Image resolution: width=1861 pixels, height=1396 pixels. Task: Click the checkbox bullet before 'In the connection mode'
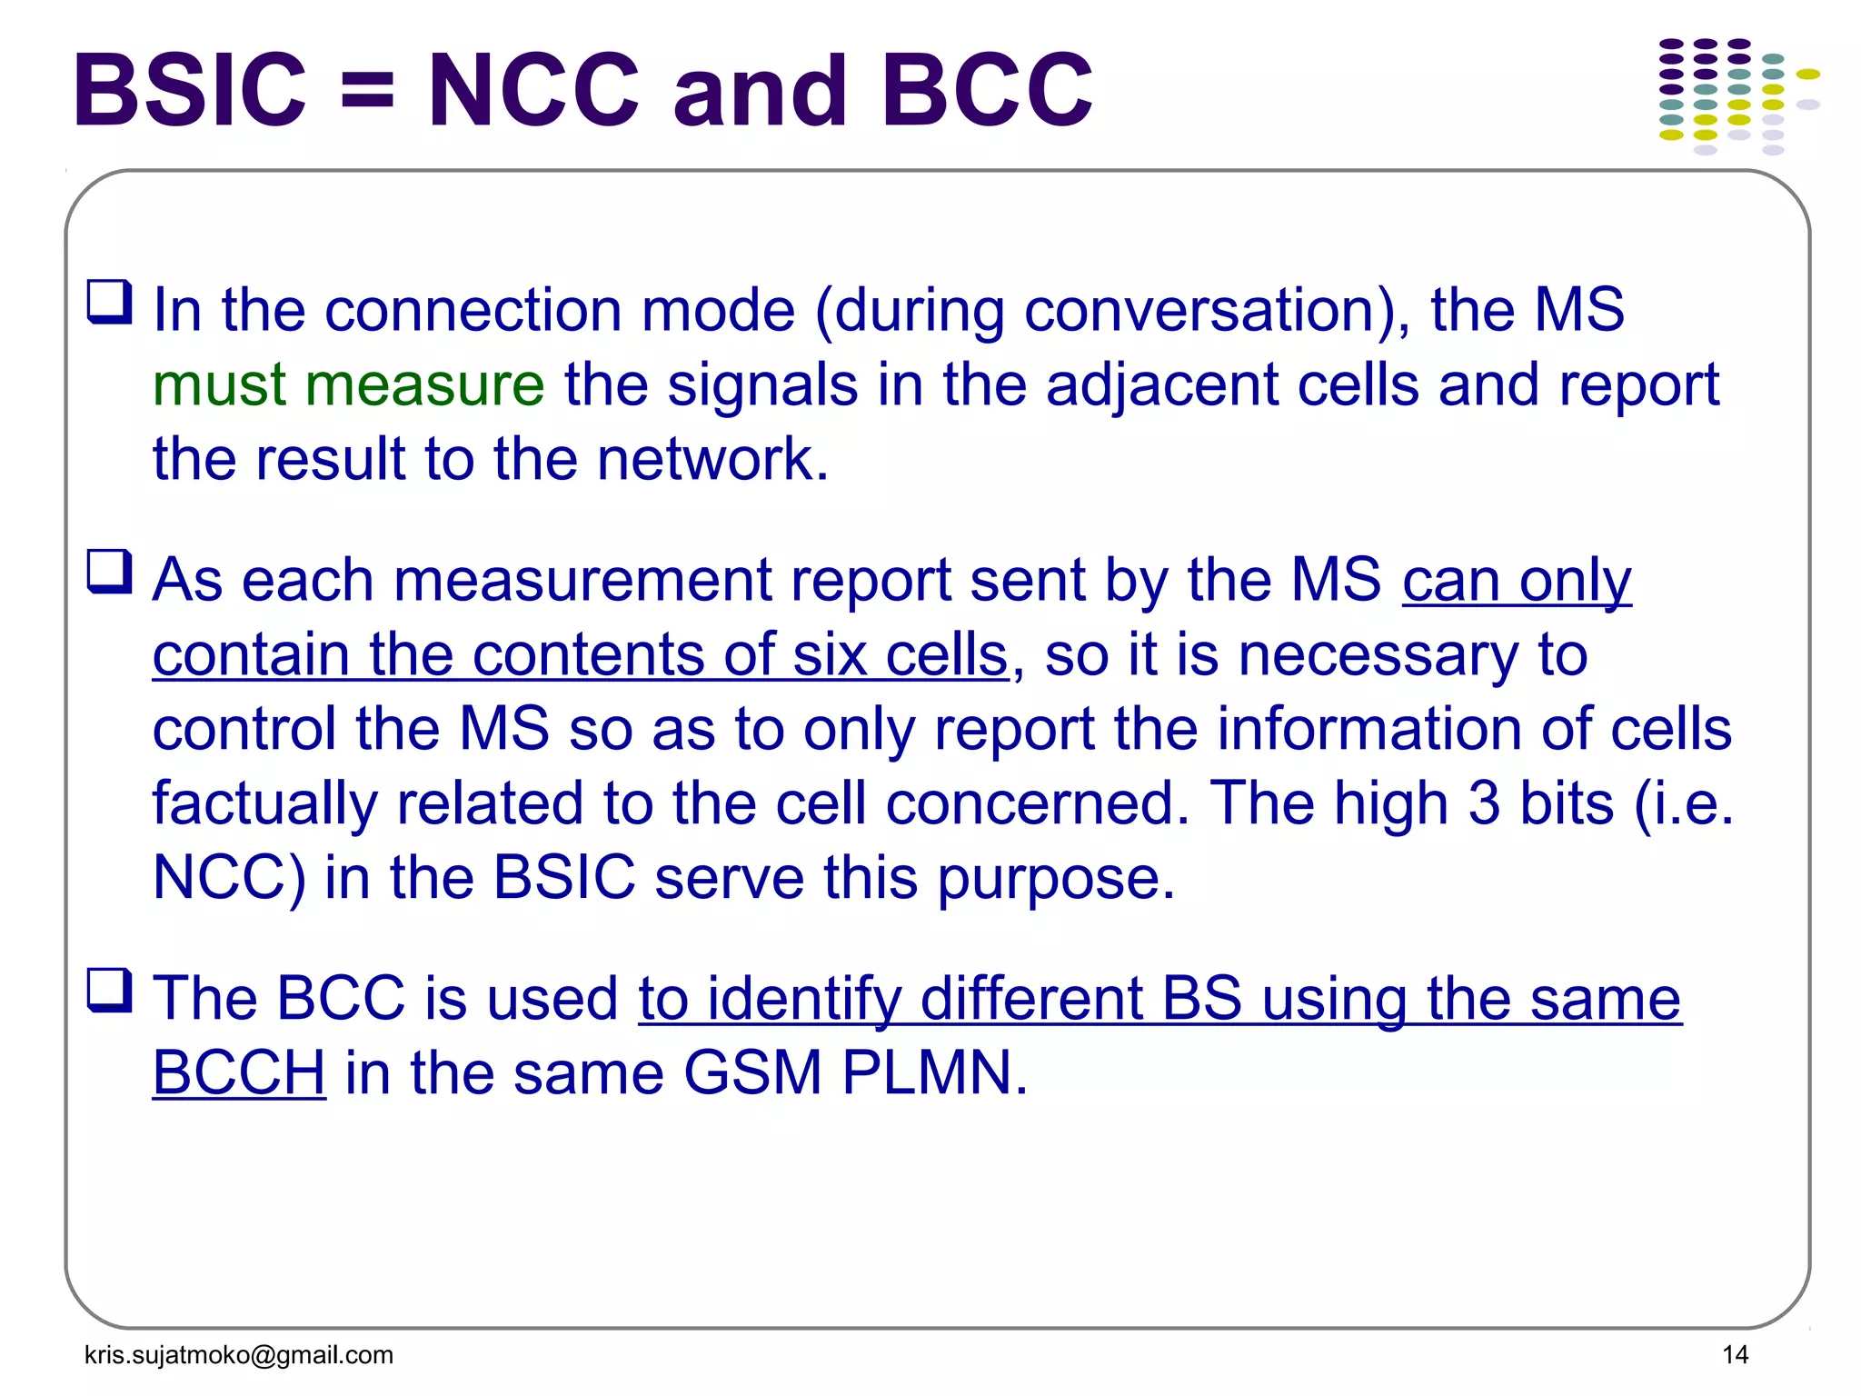click(x=109, y=302)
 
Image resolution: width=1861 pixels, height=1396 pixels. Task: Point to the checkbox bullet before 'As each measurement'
click(x=109, y=572)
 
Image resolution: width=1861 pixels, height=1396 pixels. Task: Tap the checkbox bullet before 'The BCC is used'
click(x=109, y=991)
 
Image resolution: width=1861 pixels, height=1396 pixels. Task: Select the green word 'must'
click(x=219, y=386)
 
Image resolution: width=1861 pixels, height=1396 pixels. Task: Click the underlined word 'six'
click(x=830, y=654)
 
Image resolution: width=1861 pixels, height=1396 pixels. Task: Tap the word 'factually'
click(x=264, y=805)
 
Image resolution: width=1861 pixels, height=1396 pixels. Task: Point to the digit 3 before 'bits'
click(x=1484, y=803)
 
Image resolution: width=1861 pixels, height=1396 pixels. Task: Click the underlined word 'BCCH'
click(x=239, y=1072)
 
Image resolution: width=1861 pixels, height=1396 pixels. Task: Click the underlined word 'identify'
click(x=804, y=1000)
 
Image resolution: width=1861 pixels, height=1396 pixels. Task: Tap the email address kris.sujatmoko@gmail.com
click(x=239, y=1355)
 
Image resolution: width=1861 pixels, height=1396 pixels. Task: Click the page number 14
click(x=1735, y=1355)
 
